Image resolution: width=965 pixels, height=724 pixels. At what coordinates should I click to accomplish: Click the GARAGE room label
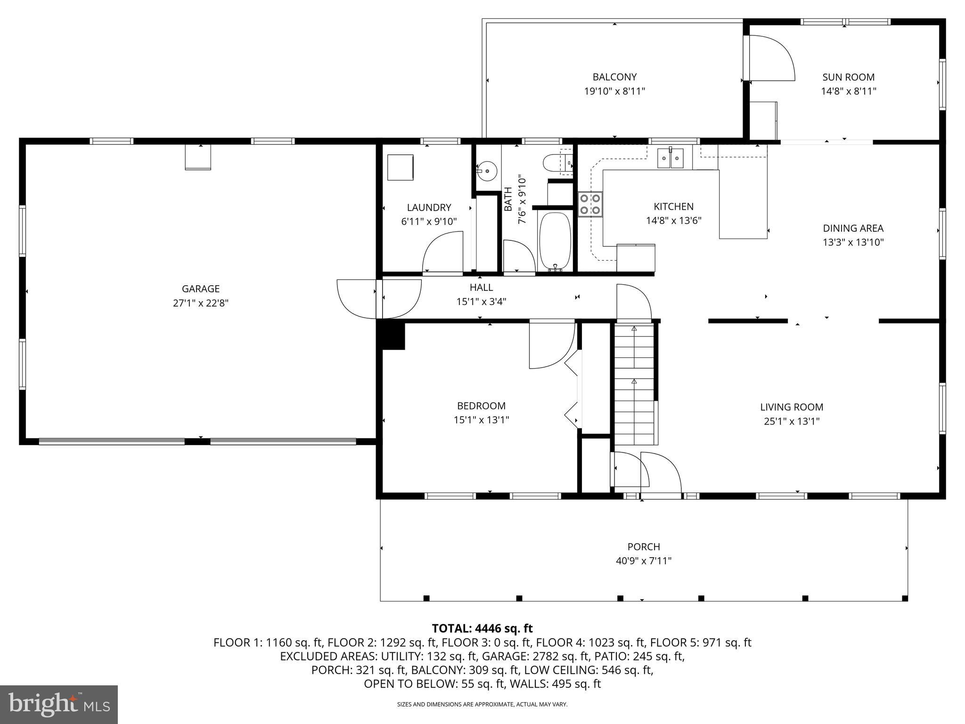(x=201, y=288)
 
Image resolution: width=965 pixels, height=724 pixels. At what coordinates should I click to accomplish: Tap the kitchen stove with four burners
(x=590, y=205)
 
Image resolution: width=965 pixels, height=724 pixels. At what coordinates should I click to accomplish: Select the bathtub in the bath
(x=555, y=241)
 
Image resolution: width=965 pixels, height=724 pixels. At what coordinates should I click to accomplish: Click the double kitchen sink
(x=671, y=158)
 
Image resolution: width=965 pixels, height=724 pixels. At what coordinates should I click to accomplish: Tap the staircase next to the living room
(x=634, y=384)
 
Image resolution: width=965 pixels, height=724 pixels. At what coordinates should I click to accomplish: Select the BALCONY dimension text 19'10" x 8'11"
(x=614, y=91)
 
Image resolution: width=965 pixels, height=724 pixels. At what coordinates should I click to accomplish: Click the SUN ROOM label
(x=848, y=77)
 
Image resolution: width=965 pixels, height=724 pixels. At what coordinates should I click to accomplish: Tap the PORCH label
(x=644, y=546)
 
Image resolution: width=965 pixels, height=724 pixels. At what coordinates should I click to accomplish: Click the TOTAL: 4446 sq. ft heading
(x=482, y=628)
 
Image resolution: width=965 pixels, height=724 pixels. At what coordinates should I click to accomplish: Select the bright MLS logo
(x=59, y=704)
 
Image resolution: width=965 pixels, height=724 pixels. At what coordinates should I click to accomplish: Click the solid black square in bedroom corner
(x=393, y=336)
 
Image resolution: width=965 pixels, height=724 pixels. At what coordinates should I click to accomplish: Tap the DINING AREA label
(x=853, y=228)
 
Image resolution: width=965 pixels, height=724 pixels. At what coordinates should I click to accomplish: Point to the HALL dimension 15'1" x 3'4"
(x=481, y=302)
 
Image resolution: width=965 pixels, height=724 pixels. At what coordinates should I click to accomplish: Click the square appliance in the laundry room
(x=400, y=167)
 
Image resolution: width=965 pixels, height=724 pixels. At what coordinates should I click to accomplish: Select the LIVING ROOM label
(x=792, y=407)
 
